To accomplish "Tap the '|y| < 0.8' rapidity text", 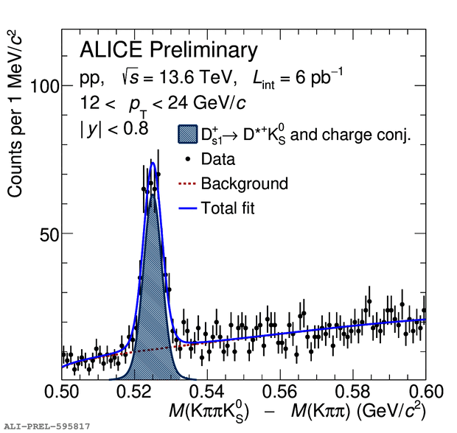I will point(114,128).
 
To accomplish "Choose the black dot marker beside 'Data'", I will point(189,159).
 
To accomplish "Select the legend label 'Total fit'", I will point(228,208).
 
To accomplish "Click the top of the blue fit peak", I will point(153,163).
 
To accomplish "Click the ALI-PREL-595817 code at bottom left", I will point(48,426).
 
